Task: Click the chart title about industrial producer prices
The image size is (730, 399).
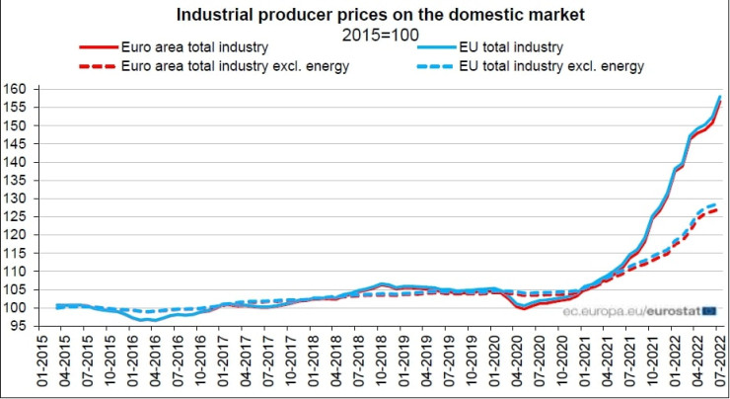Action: [x=366, y=15]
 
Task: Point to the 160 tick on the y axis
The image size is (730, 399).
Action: [x=16, y=90]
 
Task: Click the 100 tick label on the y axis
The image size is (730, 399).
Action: [x=16, y=308]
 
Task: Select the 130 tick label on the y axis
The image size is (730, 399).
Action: [x=16, y=199]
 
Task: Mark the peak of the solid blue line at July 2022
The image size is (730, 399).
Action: [x=720, y=96]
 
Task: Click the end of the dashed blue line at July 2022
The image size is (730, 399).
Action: [x=717, y=203]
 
